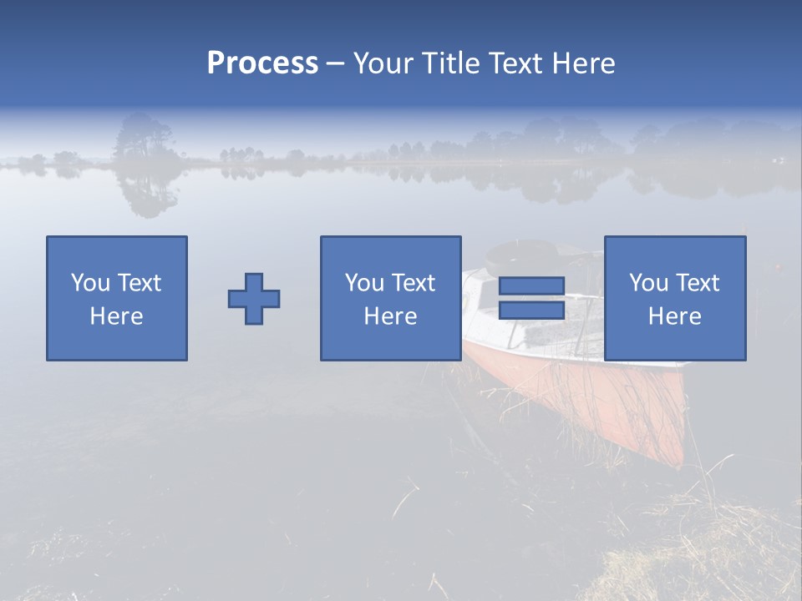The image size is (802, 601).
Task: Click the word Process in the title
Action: click(262, 63)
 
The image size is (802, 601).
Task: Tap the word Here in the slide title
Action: click(582, 63)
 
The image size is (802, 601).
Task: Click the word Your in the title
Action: click(384, 63)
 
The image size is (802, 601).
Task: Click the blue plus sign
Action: click(254, 299)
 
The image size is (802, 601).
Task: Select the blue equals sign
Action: click(531, 299)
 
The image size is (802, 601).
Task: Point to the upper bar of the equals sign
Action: click(531, 286)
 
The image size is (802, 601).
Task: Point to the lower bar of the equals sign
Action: click(531, 311)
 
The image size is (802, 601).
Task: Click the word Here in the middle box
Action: click(391, 316)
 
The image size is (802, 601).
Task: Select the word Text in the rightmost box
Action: click(698, 283)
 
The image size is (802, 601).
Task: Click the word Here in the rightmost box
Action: click(675, 316)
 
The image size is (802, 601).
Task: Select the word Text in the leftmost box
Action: click(140, 283)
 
